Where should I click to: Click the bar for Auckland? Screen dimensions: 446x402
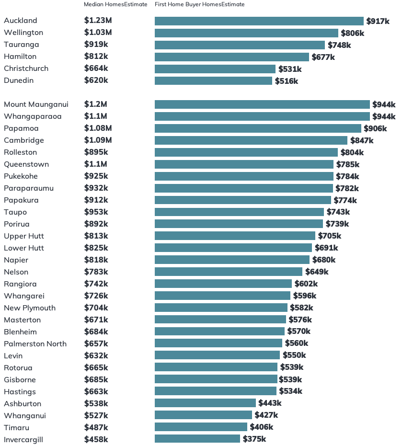tap(259, 21)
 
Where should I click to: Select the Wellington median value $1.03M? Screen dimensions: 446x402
tap(98, 33)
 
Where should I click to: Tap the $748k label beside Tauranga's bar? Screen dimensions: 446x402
tap(339, 45)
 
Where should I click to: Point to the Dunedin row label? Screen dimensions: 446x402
tap(19, 80)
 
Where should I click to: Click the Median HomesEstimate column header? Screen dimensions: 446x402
tap(115, 4)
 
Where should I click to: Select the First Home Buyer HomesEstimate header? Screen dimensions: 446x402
tap(199, 4)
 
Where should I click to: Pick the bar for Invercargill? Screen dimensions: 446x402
tap(197, 439)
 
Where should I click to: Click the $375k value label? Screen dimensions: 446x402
tap(254, 439)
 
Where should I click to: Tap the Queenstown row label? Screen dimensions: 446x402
tap(26, 164)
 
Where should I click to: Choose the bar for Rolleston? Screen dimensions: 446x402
tap(246, 152)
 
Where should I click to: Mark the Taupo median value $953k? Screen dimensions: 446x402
tap(96, 212)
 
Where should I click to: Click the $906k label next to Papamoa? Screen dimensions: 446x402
tap(375, 128)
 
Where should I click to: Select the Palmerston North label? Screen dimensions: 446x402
tap(35, 344)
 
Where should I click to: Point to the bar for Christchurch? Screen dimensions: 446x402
tap(215, 69)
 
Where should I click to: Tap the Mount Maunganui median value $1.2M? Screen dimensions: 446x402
tap(95, 104)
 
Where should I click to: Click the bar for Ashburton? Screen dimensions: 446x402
tap(205, 403)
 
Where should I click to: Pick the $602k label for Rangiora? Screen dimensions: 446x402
tap(306, 284)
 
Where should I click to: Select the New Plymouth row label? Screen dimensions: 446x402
tap(30, 308)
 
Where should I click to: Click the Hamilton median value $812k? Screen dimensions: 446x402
tap(96, 57)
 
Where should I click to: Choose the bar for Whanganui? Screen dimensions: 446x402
tap(203, 415)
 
